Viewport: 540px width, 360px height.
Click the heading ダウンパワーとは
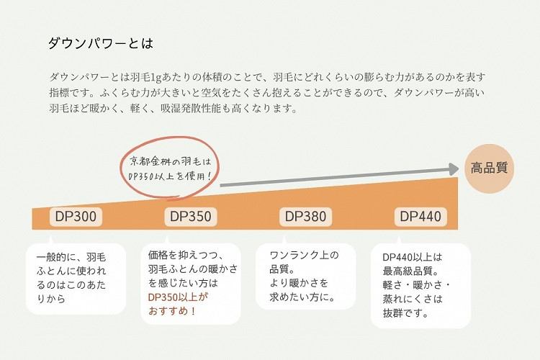(101, 43)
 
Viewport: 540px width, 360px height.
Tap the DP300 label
(76, 217)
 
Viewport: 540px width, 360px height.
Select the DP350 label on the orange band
(191, 217)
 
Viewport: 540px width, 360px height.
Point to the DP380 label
(305, 217)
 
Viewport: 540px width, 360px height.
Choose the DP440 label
(420, 217)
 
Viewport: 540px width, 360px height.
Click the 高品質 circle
(489, 168)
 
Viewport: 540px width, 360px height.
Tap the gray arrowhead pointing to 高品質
(454, 169)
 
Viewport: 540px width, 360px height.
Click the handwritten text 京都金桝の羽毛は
(170, 161)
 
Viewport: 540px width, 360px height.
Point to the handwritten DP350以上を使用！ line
(169, 176)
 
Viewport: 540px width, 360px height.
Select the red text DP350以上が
(178, 297)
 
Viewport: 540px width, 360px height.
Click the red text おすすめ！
(172, 311)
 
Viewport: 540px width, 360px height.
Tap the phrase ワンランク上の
(304, 256)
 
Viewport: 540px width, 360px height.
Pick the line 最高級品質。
(411, 271)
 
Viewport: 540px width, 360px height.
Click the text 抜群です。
(405, 313)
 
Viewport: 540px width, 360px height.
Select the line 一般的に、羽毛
(71, 257)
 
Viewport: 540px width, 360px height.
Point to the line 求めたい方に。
(302, 297)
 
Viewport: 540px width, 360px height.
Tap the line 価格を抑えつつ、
(186, 256)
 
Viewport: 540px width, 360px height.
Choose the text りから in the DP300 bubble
(51, 299)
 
